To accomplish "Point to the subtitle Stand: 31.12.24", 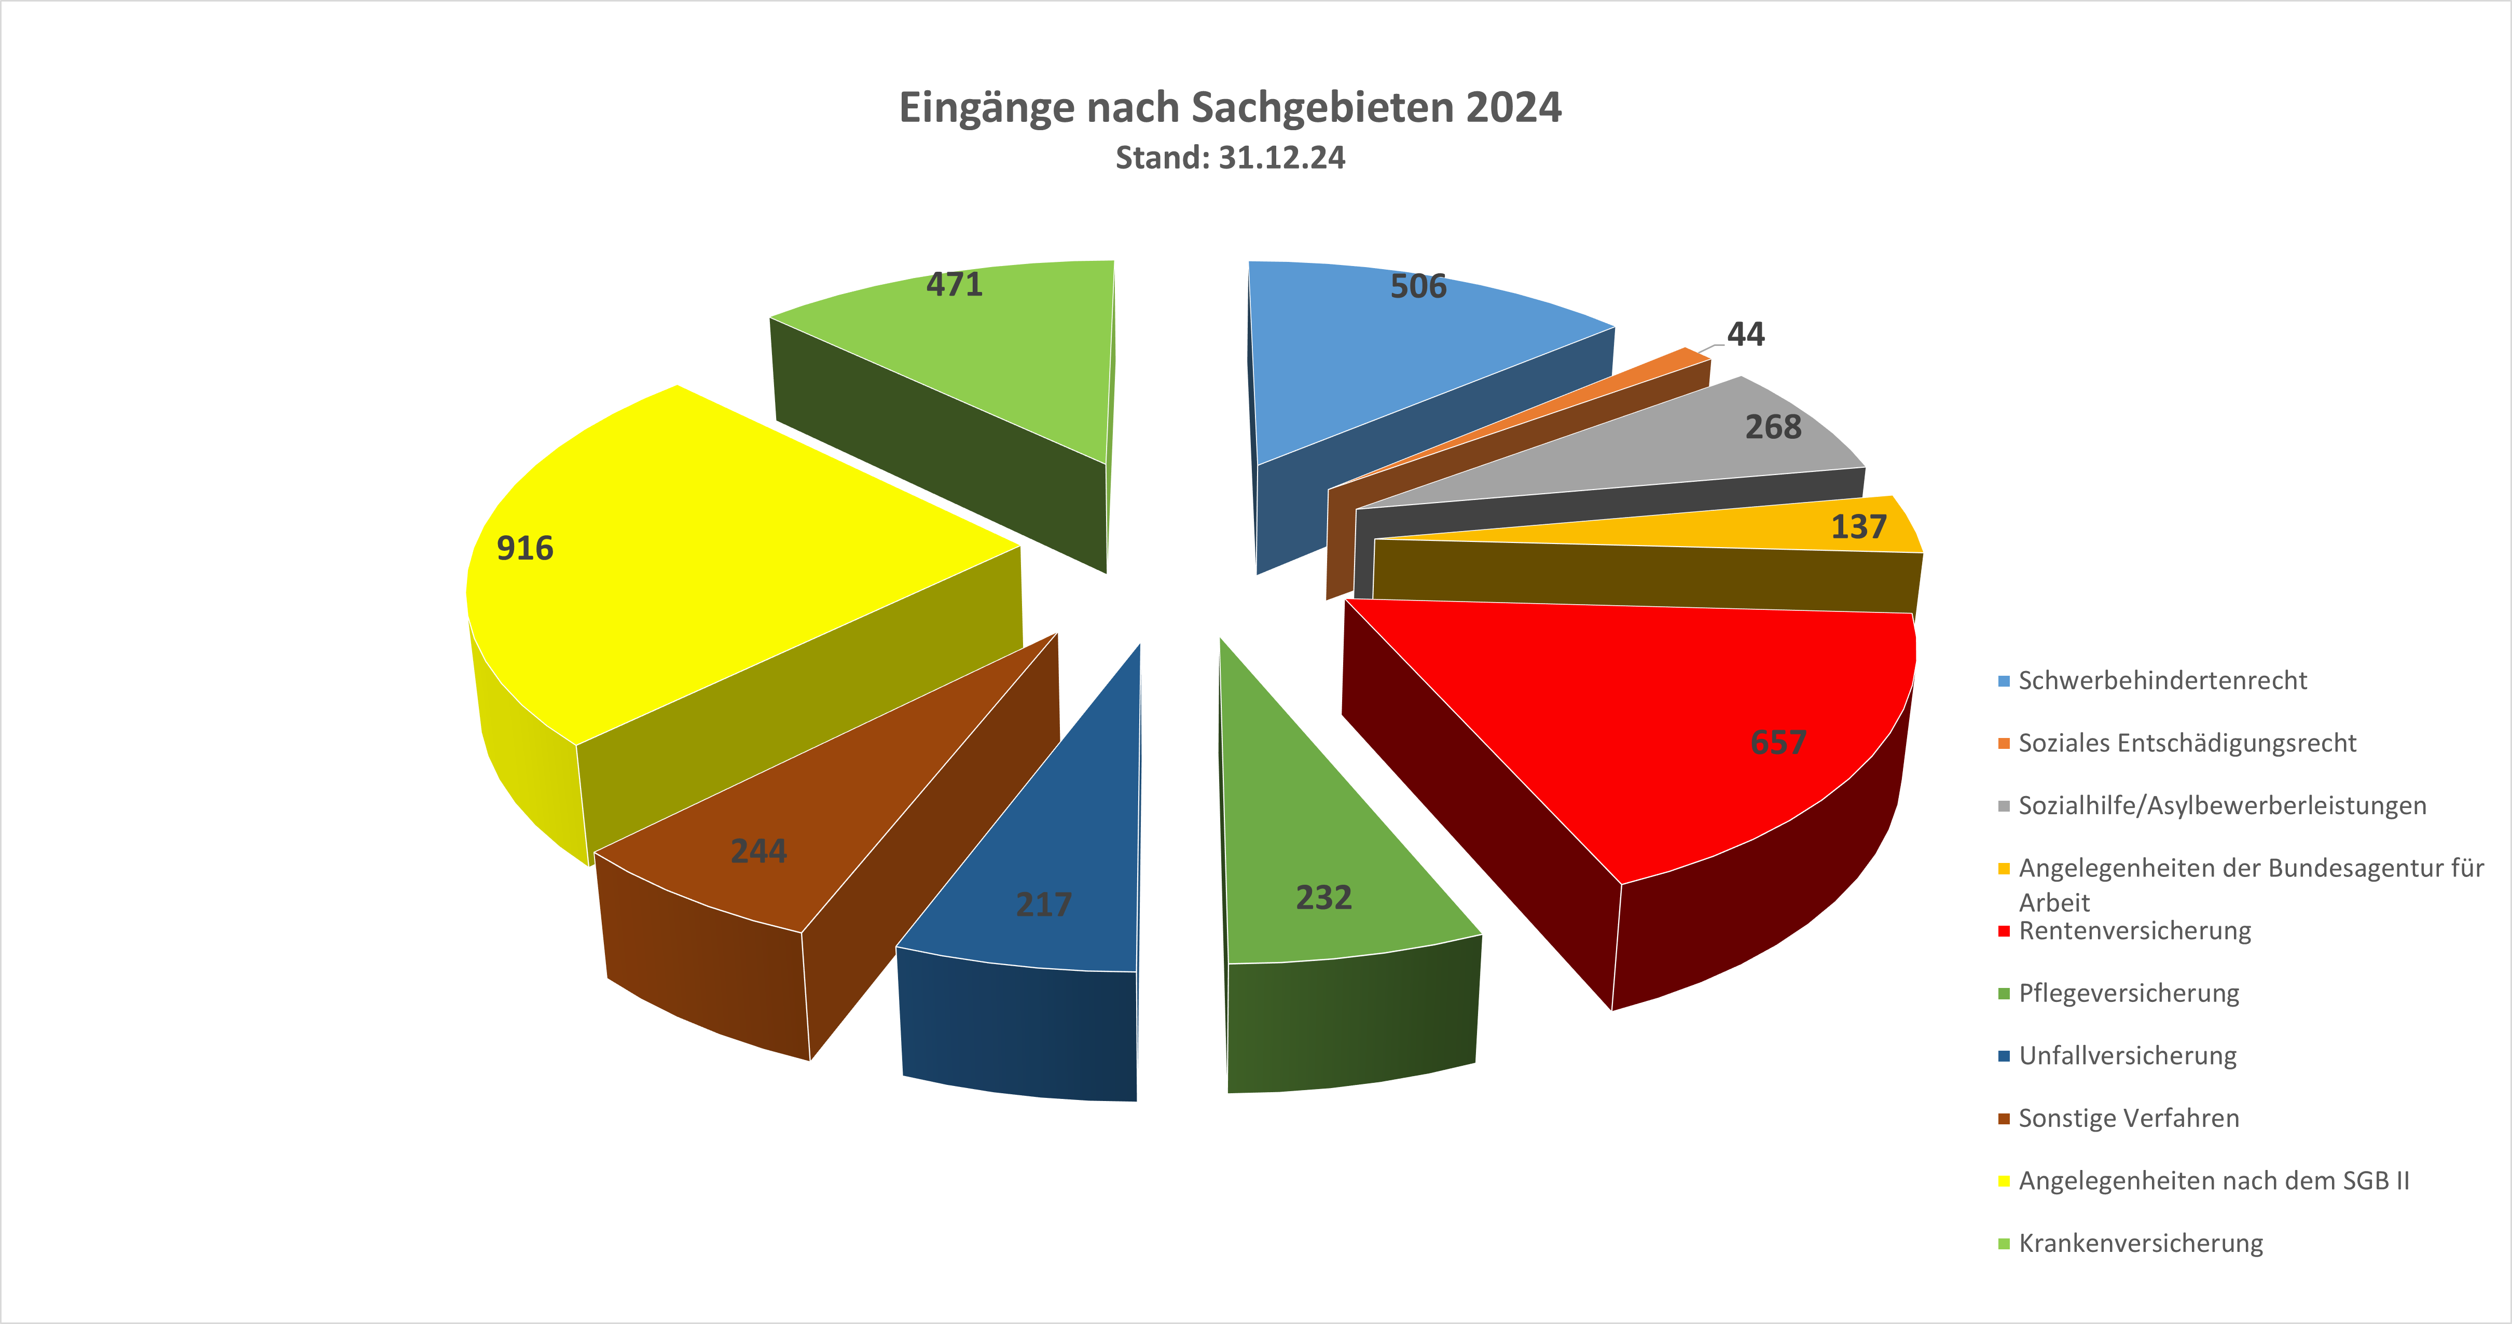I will click(1230, 158).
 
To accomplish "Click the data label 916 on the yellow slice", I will click(525, 549).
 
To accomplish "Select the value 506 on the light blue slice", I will click(1418, 287).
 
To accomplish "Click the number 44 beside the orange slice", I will click(1746, 335).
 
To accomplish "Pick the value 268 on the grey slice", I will click(1773, 427).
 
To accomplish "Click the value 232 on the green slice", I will click(1323, 898).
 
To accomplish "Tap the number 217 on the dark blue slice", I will click(1043, 905).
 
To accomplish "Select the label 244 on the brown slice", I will click(758, 851).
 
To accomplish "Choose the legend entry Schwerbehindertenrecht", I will click(2162, 680).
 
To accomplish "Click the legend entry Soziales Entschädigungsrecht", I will click(2186, 743).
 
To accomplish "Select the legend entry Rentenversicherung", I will click(2135, 931).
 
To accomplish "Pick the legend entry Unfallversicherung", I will click(2127, 1056).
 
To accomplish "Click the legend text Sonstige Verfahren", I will click(2128, 1118).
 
